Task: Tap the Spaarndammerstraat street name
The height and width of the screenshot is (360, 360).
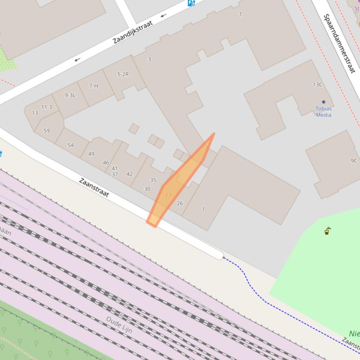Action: click(x=339, y=43)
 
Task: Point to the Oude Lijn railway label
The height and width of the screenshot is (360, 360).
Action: click(x=119, y=325)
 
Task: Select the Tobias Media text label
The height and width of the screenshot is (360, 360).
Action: click(x=323, y=112)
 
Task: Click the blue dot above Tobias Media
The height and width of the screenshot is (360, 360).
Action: click(x=323, y=101)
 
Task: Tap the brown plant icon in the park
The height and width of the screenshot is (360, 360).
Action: click(x=328, y=231)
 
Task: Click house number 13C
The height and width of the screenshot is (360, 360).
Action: click(x=317, y=85)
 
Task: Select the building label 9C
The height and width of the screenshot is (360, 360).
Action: click(x=354, y=161)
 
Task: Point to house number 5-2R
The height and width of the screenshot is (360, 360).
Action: click(x=123, y=74)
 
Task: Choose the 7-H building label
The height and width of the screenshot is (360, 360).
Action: click(x=94, y=86)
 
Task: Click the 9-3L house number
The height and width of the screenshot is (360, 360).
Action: click(x=70, y=95)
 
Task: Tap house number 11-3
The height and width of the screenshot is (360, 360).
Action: click(x=46, y=107)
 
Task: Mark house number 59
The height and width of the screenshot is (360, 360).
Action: click(x=46, y=130)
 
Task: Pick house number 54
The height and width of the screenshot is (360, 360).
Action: click(x=70, y=145)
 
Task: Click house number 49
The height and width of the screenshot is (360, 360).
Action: click(x=91, y=154)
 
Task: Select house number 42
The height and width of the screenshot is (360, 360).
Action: click(x=129, y=174)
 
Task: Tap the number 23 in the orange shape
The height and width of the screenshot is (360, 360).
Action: click(x=168, y=194)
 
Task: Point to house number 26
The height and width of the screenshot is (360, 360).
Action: click(x=180, y=203)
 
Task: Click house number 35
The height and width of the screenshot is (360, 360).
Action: click(x=153, y=180)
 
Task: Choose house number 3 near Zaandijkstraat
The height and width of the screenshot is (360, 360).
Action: click(x=149, y=59)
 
